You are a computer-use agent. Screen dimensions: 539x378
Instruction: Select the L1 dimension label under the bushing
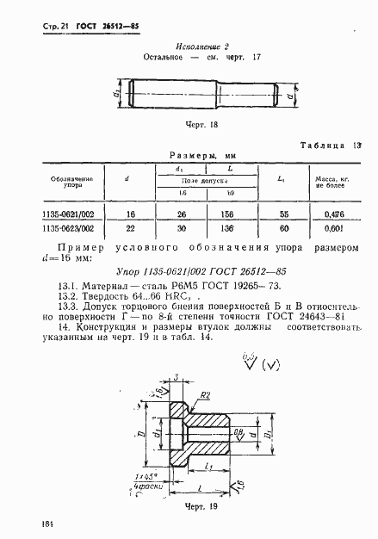211,467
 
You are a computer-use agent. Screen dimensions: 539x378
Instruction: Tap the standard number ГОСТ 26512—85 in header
102,27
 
